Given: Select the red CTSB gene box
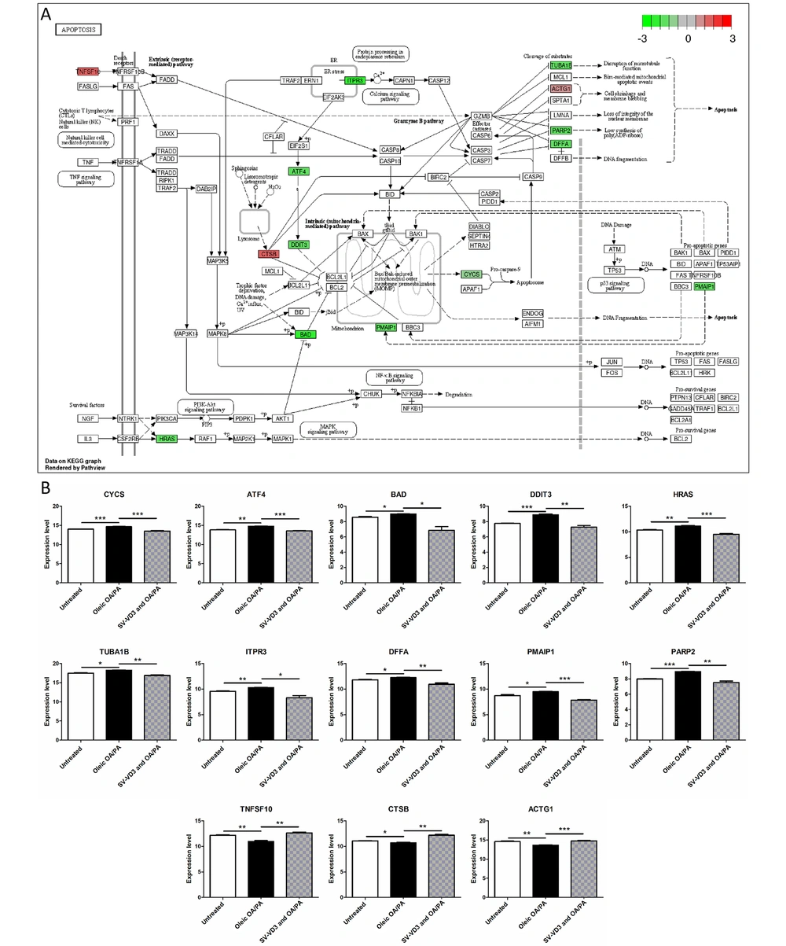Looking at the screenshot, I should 269,253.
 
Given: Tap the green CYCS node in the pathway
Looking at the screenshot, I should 471,274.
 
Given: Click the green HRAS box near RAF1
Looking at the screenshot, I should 166,439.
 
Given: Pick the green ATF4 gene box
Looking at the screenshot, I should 299,171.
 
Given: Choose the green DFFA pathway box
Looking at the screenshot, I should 560,145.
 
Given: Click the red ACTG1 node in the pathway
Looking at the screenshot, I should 560,89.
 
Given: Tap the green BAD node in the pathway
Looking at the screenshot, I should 307,334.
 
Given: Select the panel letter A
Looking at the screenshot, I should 47,15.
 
